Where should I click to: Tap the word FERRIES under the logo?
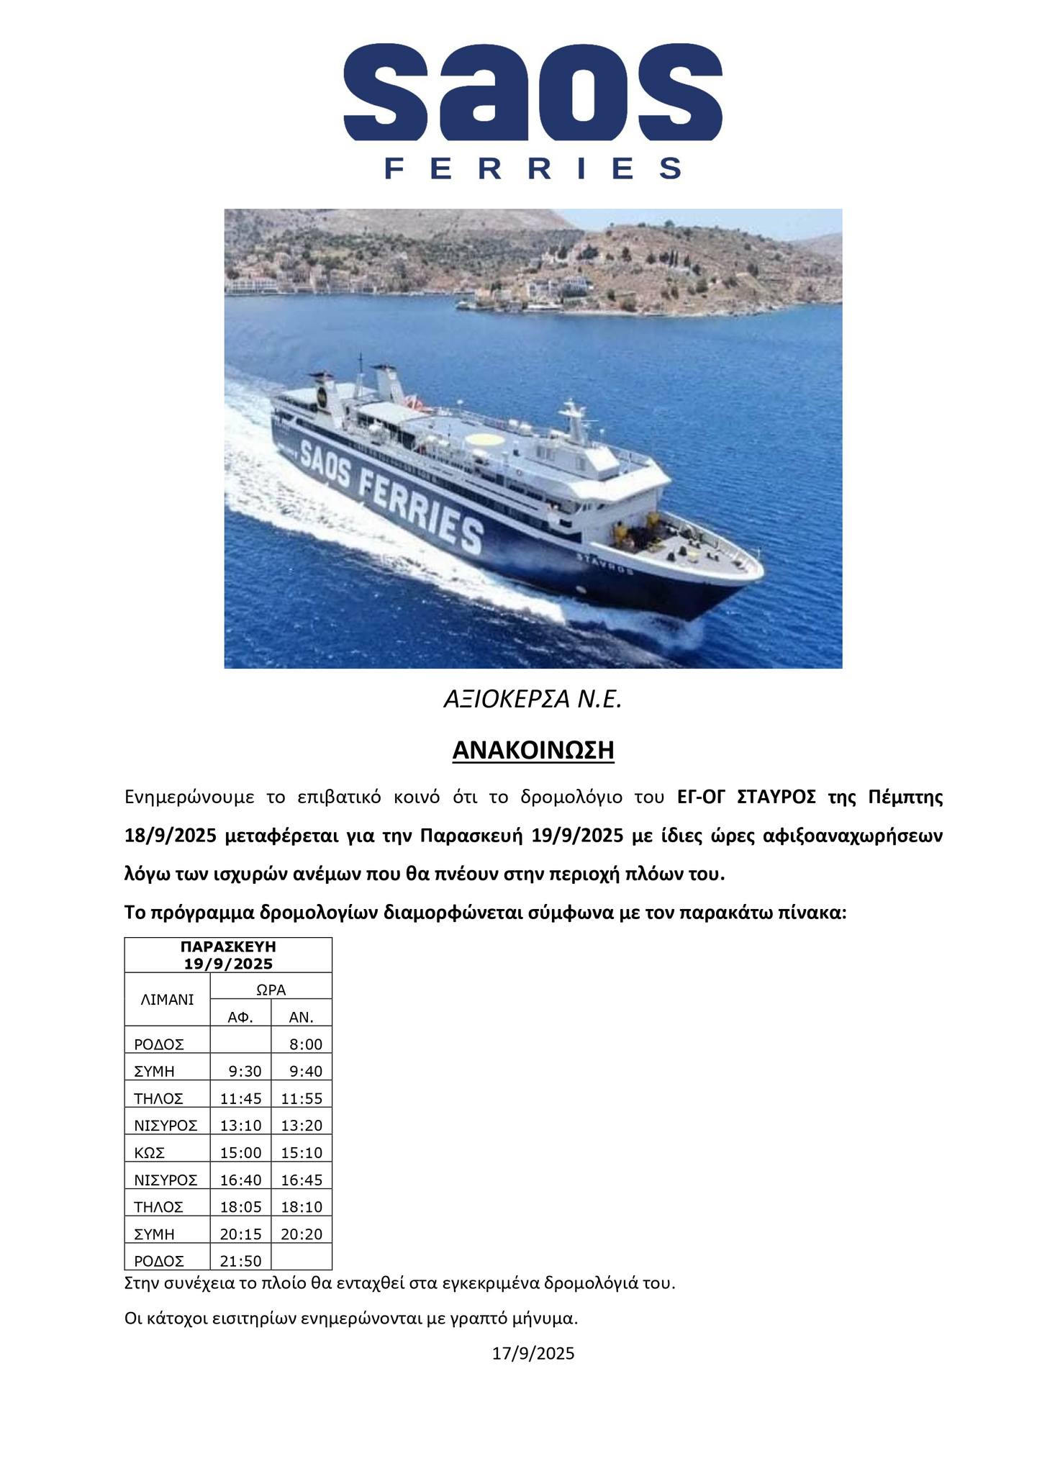(533, 168)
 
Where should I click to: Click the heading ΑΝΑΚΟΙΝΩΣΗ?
(533, 751)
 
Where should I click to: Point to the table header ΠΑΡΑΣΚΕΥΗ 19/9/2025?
(228, 954)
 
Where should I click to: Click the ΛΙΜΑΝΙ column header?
(167, 999)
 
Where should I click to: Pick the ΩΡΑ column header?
(271, 990)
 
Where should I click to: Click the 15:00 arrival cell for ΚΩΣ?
(241, 1153)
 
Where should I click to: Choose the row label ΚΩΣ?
(150, 1153)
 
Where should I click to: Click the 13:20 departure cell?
(302, 1126)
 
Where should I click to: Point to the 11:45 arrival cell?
(241, 1099)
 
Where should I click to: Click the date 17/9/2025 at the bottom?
(533, 1354)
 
